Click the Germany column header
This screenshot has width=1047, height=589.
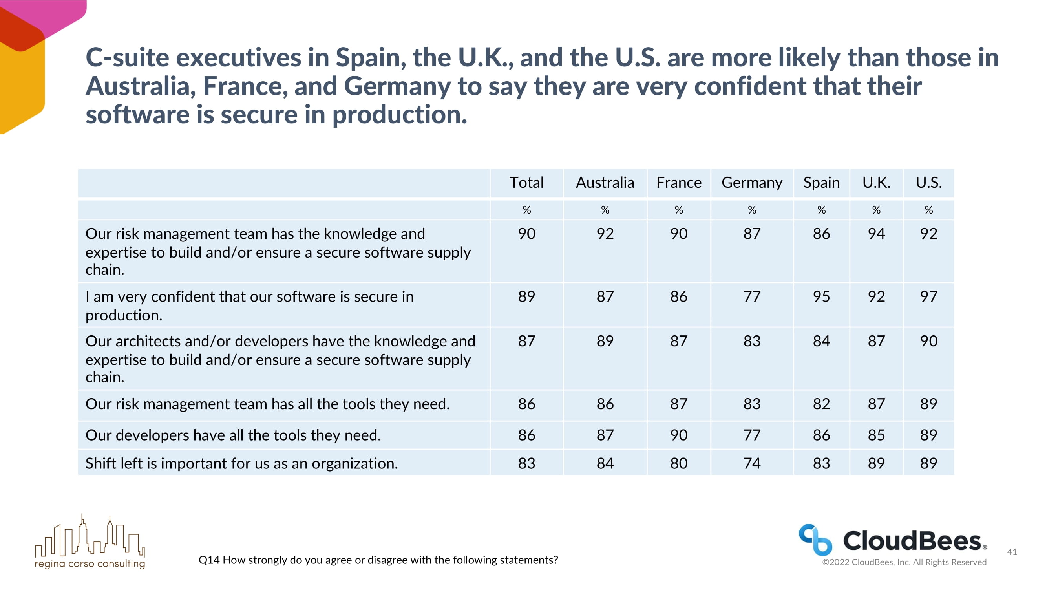pos(751,183)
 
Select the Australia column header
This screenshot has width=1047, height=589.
pos(605,183)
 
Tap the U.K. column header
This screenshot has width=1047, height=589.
pos(876,183)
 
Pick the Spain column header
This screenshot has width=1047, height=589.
pos(821,183)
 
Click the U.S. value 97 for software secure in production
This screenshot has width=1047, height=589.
pos(928,296)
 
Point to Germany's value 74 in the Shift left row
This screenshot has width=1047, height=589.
pos(751,463)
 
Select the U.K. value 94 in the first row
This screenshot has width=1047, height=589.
pos(876,234)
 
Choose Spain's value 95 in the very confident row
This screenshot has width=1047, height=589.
pos(821,296)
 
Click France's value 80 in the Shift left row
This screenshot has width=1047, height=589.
pos(678,463)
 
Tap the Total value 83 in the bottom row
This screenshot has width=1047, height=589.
pos(526,463)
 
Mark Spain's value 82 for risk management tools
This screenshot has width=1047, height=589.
pos(821,404)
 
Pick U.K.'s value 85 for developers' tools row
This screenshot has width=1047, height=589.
pos(876,435)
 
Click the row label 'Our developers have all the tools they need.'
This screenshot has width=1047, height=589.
pos(233,435)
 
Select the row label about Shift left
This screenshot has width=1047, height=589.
pos(241,463)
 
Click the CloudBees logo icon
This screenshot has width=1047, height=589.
pos(815,540)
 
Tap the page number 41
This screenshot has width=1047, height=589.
pos(1012,552)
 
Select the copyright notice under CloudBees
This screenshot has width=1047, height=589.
pos(904,562)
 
